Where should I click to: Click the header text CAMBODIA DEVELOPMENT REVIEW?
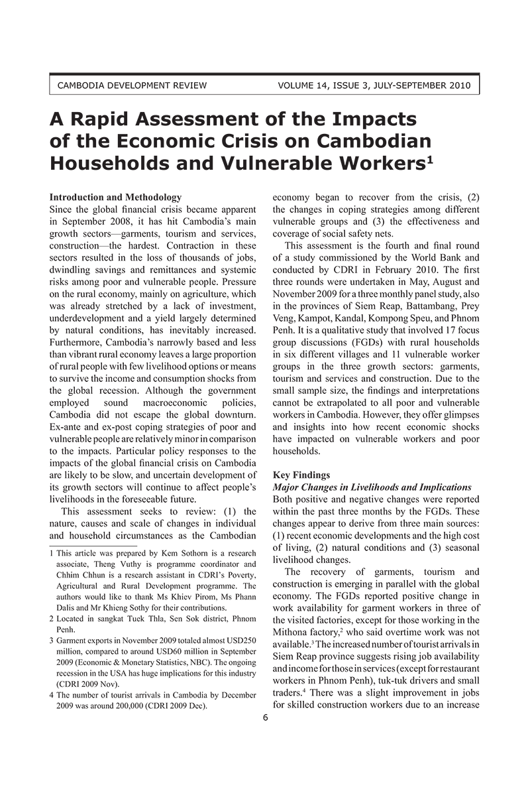(x=132, y=86)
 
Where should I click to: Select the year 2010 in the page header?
(x=459, y=86)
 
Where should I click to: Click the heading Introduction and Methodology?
(x=116, y=198)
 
